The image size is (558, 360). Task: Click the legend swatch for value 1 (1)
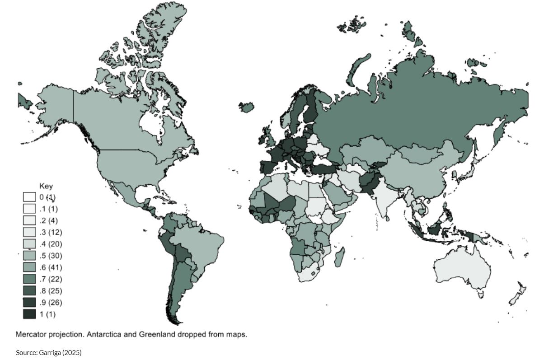[x=29, y=314]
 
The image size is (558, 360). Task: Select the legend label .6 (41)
[x=51, y=267]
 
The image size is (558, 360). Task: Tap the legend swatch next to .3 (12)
[x=29, y=232]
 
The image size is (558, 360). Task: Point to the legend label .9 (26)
[x=51, y=302]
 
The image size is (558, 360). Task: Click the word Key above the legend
[x=46, y=186]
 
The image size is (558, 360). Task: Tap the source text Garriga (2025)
[x=61, y=352]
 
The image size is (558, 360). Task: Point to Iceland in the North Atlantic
[x=247, y=107]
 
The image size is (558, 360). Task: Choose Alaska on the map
[x=54, y=104]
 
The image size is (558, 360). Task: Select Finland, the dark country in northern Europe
[x=310, y=108]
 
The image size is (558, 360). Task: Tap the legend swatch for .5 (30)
[x=29, y=256]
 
